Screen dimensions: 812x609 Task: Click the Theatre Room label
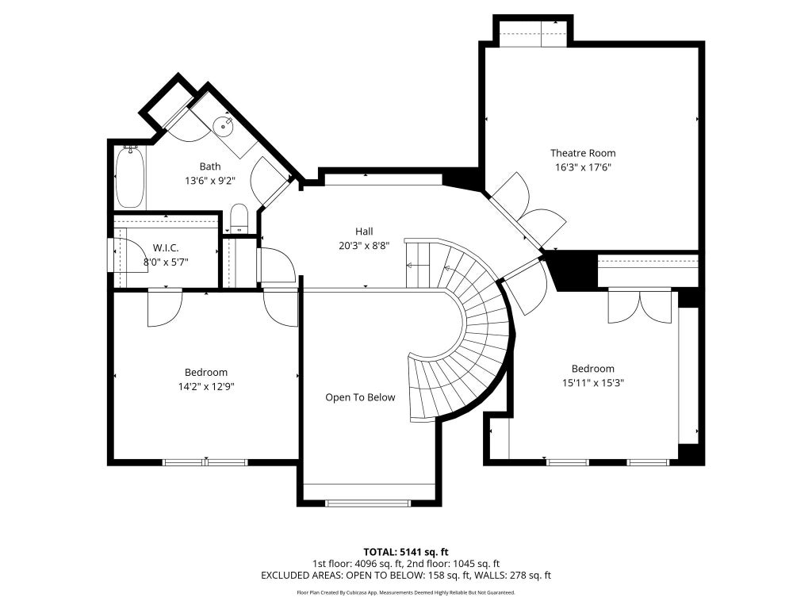[x=583, y=153]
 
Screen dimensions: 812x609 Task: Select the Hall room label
[x=364, y=232]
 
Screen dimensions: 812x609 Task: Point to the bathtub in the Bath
[x=129, y=177]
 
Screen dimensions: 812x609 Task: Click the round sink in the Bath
[x=223, y=125]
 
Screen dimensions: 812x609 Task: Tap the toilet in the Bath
[x=239, y=218]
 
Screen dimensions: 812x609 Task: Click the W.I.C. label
[x=166, y=248]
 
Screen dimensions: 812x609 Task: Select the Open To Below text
[x=360, y=397]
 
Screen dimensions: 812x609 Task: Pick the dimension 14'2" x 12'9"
[x=206, y=386]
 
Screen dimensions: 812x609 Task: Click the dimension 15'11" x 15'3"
[x=593, y=383]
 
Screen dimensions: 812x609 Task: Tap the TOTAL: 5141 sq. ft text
[x=405, y=552]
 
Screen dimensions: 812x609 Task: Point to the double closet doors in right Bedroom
[x=640, y=307]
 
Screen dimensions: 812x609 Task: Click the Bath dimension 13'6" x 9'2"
[x=209, y=181]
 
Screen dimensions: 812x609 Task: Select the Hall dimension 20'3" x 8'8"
[x=364, y=246]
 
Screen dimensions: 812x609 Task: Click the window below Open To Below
[x=368, y=503]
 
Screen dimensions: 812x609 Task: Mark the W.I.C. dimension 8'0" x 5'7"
[x=166, y=262]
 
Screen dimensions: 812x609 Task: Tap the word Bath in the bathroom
[x=209, y=167]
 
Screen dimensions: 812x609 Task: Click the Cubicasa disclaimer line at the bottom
[x=405, y=592]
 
